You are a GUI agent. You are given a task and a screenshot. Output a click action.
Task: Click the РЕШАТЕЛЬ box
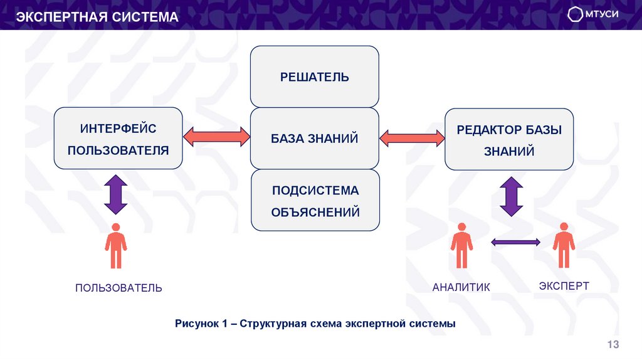coord(314,77)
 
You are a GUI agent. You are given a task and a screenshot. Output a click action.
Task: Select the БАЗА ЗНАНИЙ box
coord(314,138)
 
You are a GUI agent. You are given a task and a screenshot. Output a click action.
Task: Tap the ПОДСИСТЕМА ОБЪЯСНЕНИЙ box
coord(315,201)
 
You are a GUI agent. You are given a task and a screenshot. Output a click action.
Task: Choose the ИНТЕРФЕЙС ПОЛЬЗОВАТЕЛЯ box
coord(118,138)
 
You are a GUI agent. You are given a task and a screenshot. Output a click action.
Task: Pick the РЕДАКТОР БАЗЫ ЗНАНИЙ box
coord(509,138)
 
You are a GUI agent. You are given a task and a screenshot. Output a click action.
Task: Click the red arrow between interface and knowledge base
coord(216,137)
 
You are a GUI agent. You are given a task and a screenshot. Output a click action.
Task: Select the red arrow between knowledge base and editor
coord(412,137)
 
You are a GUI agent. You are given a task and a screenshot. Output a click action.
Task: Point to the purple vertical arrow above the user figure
coord(115,194)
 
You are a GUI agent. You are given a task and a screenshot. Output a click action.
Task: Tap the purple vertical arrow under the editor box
coord(511,196)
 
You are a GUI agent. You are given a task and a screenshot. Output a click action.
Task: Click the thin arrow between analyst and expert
coord(515,241)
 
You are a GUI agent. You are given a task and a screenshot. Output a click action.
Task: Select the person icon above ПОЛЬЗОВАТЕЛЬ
coord(115,246)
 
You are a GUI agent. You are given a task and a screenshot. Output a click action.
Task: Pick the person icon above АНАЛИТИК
coord(461,245)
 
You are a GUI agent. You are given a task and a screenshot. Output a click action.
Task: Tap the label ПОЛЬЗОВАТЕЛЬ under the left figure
coord(118,288)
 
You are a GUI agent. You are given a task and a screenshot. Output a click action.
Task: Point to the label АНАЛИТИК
coord(461,287)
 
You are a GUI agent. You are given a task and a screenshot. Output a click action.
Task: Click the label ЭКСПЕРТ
coord(564,286)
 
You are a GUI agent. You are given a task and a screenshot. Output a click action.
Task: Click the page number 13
coord(613,344)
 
